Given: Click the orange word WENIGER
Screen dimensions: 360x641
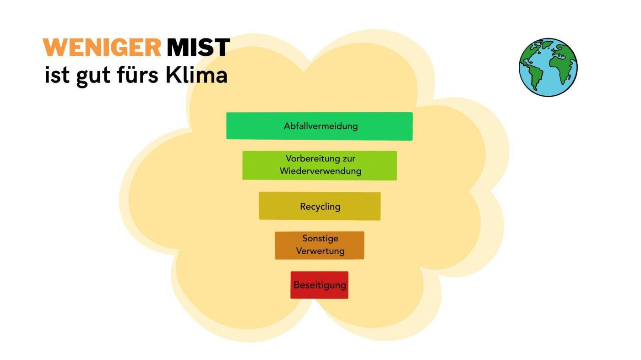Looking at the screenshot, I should coord(102,48).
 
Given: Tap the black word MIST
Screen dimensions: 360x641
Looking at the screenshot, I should coord(198,48).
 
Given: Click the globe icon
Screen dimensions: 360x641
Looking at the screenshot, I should coord(548,67).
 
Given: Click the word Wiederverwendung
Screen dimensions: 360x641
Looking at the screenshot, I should coord(320,171).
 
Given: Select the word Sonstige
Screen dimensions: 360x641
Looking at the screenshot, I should coord(320,239).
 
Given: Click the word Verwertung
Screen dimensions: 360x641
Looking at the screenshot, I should coord(320,251).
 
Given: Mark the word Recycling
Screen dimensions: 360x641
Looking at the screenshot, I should coord(320,207).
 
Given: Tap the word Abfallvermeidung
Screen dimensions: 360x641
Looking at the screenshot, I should coord(320,126).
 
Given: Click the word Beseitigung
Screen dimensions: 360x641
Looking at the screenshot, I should coord(320,285).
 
